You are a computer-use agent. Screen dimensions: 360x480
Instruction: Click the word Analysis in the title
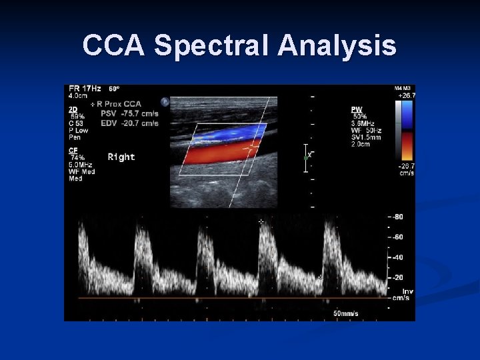click(x=337, y=46)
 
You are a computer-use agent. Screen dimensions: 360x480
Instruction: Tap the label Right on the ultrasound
click(x=121, y=157)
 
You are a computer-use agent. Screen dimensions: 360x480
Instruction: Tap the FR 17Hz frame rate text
click(x=84, y=89)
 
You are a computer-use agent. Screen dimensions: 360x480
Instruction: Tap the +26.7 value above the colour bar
click(x=405, y=95)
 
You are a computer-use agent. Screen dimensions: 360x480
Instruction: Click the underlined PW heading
click(x=357, y=109)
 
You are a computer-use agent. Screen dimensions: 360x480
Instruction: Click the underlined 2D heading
click(x=72, y=109)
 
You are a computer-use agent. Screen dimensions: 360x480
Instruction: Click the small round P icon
click(x=165, y=102)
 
